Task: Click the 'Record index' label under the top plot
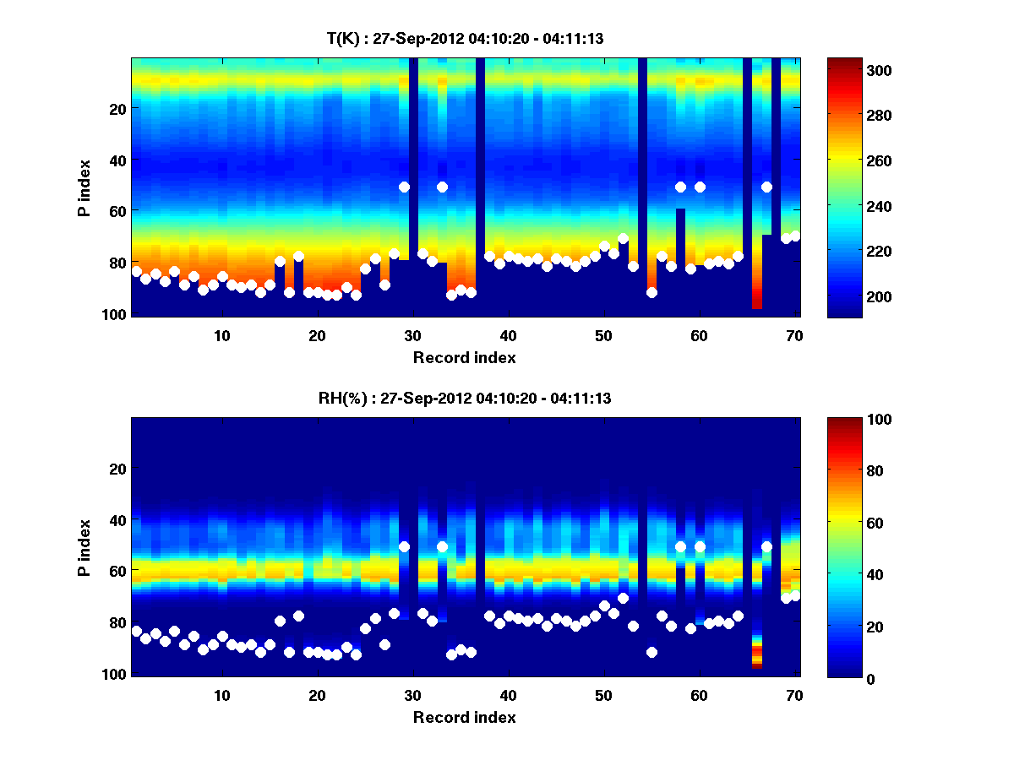click(x=465, y=358)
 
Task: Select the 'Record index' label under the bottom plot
click(x=465, y=718)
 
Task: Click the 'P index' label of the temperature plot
click(x=84, y=187)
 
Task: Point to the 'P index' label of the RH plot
click(x=84, y=547)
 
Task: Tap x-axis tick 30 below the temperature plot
click(x=412, y=335)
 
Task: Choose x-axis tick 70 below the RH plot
click(x=794, y=695)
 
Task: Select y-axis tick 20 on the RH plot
click(x=117, y=469)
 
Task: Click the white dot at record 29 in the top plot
click(x=404, y=187)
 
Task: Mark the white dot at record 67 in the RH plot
click(x=766, y=546)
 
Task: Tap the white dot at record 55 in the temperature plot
click(x=651, y=292)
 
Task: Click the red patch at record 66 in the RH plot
click(x=757, y=655)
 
